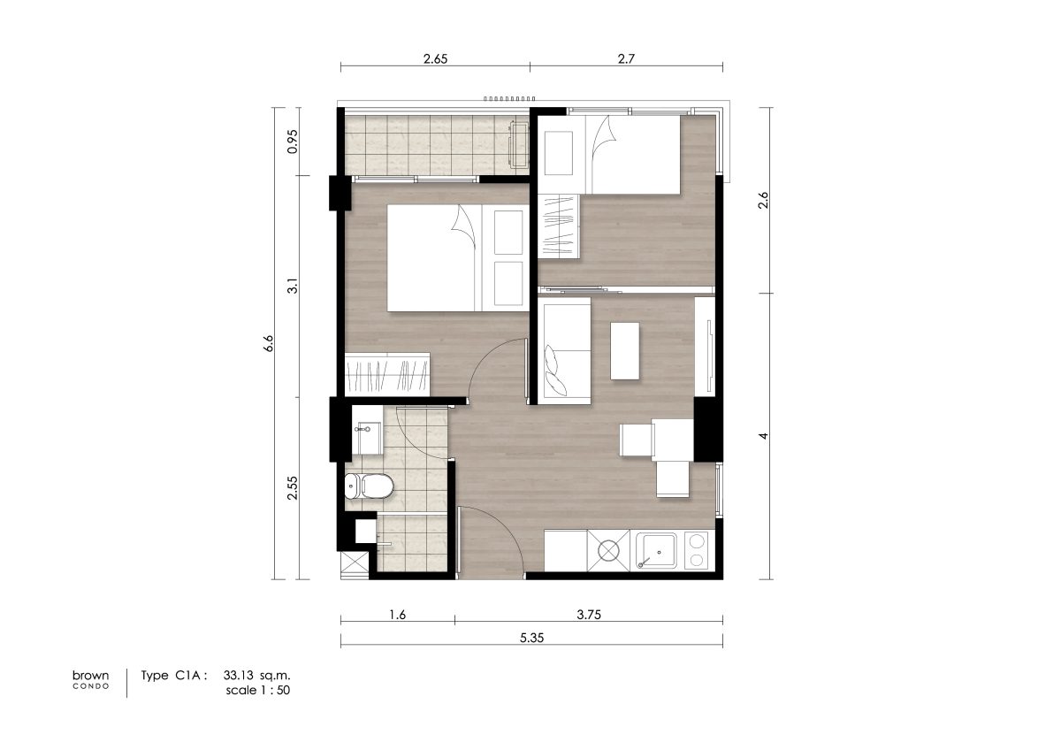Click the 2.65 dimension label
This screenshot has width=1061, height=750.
[x=435, y=58]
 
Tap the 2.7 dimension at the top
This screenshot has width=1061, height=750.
[x=626, y=58]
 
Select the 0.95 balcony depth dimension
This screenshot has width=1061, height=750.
[x=293, y=142]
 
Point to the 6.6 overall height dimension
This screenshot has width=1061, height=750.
[x=269, y=343]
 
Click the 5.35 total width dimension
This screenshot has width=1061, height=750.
[x=532, y=638]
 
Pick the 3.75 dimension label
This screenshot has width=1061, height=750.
[x=589, y=615]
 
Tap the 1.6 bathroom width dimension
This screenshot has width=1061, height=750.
[x=397, y=615]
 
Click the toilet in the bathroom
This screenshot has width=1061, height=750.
[x=369, y=486]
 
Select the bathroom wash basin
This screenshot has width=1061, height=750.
[x=368, y=439]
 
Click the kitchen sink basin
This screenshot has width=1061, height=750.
[x=656, y=550]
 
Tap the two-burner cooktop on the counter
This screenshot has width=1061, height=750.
[x=697, y=550]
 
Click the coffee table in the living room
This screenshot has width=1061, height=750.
[x=625, y=351]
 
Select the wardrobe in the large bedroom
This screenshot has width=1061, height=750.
[x=387, y=375]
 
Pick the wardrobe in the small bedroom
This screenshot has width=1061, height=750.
[x=560, y=226]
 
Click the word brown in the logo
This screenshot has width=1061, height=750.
[x=90, y=675]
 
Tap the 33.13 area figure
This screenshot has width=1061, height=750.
[x=238, y=675]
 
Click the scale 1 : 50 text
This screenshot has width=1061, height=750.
[x=257, y=691]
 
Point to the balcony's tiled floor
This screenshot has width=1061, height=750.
[x=436, y=145]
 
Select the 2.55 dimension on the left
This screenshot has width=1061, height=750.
[x=293, y=488]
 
